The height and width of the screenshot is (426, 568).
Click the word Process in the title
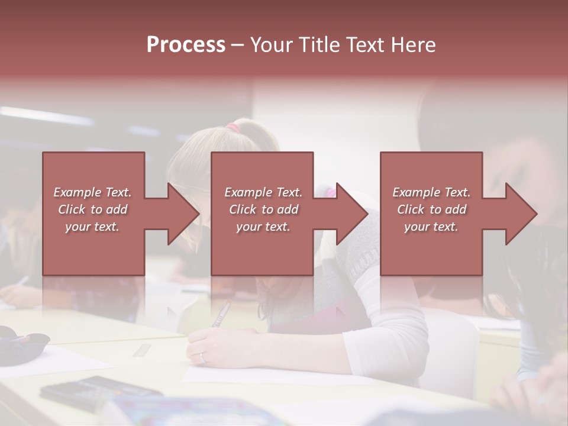pos(186,45)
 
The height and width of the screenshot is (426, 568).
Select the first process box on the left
pos(93,214)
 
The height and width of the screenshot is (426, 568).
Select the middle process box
pos(262,214)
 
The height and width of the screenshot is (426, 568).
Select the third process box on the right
pos(431,214)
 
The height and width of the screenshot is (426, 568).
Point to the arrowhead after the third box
pos(520,214)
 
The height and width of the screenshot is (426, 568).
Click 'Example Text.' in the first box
pos(92,192)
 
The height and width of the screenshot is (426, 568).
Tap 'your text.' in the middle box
pos(263,227)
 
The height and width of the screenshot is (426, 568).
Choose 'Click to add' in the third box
pos(431,209)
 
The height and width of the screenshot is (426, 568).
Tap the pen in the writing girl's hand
pos(221,314)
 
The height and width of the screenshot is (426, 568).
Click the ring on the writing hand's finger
pos(204,357)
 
